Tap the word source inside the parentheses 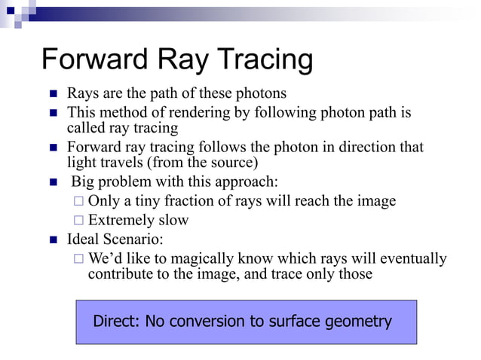coord(233,162)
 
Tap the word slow coord(173,221)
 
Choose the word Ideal coord(84,240)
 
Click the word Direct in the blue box coord(116,322)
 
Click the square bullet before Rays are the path coord(54,95)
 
